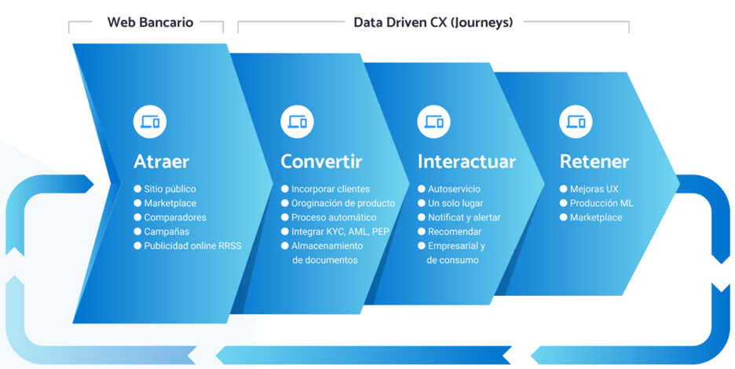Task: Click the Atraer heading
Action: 161,161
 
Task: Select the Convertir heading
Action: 321,161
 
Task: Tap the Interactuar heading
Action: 466,161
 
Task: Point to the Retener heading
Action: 594,161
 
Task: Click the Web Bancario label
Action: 150,22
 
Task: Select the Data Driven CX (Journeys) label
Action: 433,22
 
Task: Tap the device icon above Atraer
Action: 150,122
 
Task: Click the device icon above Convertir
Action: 297,122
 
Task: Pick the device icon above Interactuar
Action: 433,122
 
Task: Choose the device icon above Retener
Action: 576,122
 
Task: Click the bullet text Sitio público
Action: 170,189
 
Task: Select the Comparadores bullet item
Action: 175,217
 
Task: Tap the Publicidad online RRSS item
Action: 192,245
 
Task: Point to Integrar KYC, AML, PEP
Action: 340,231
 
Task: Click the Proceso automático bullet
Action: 334,217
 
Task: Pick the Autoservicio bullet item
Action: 454,189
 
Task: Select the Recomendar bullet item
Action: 455,231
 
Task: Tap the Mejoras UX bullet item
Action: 594,189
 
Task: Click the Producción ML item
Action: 602,203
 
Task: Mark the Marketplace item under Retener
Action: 596,217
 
